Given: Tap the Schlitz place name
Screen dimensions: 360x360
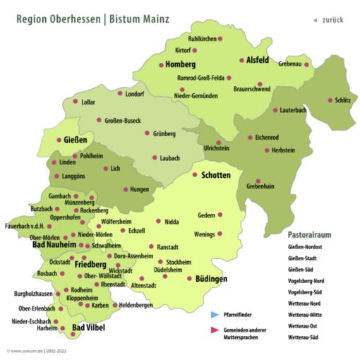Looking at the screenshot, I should click(343, 100).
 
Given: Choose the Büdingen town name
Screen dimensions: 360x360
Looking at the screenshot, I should click(211, 280).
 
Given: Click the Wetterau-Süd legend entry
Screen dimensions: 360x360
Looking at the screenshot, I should click(305, 339).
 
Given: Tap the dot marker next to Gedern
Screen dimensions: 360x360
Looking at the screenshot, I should click(220, 215).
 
